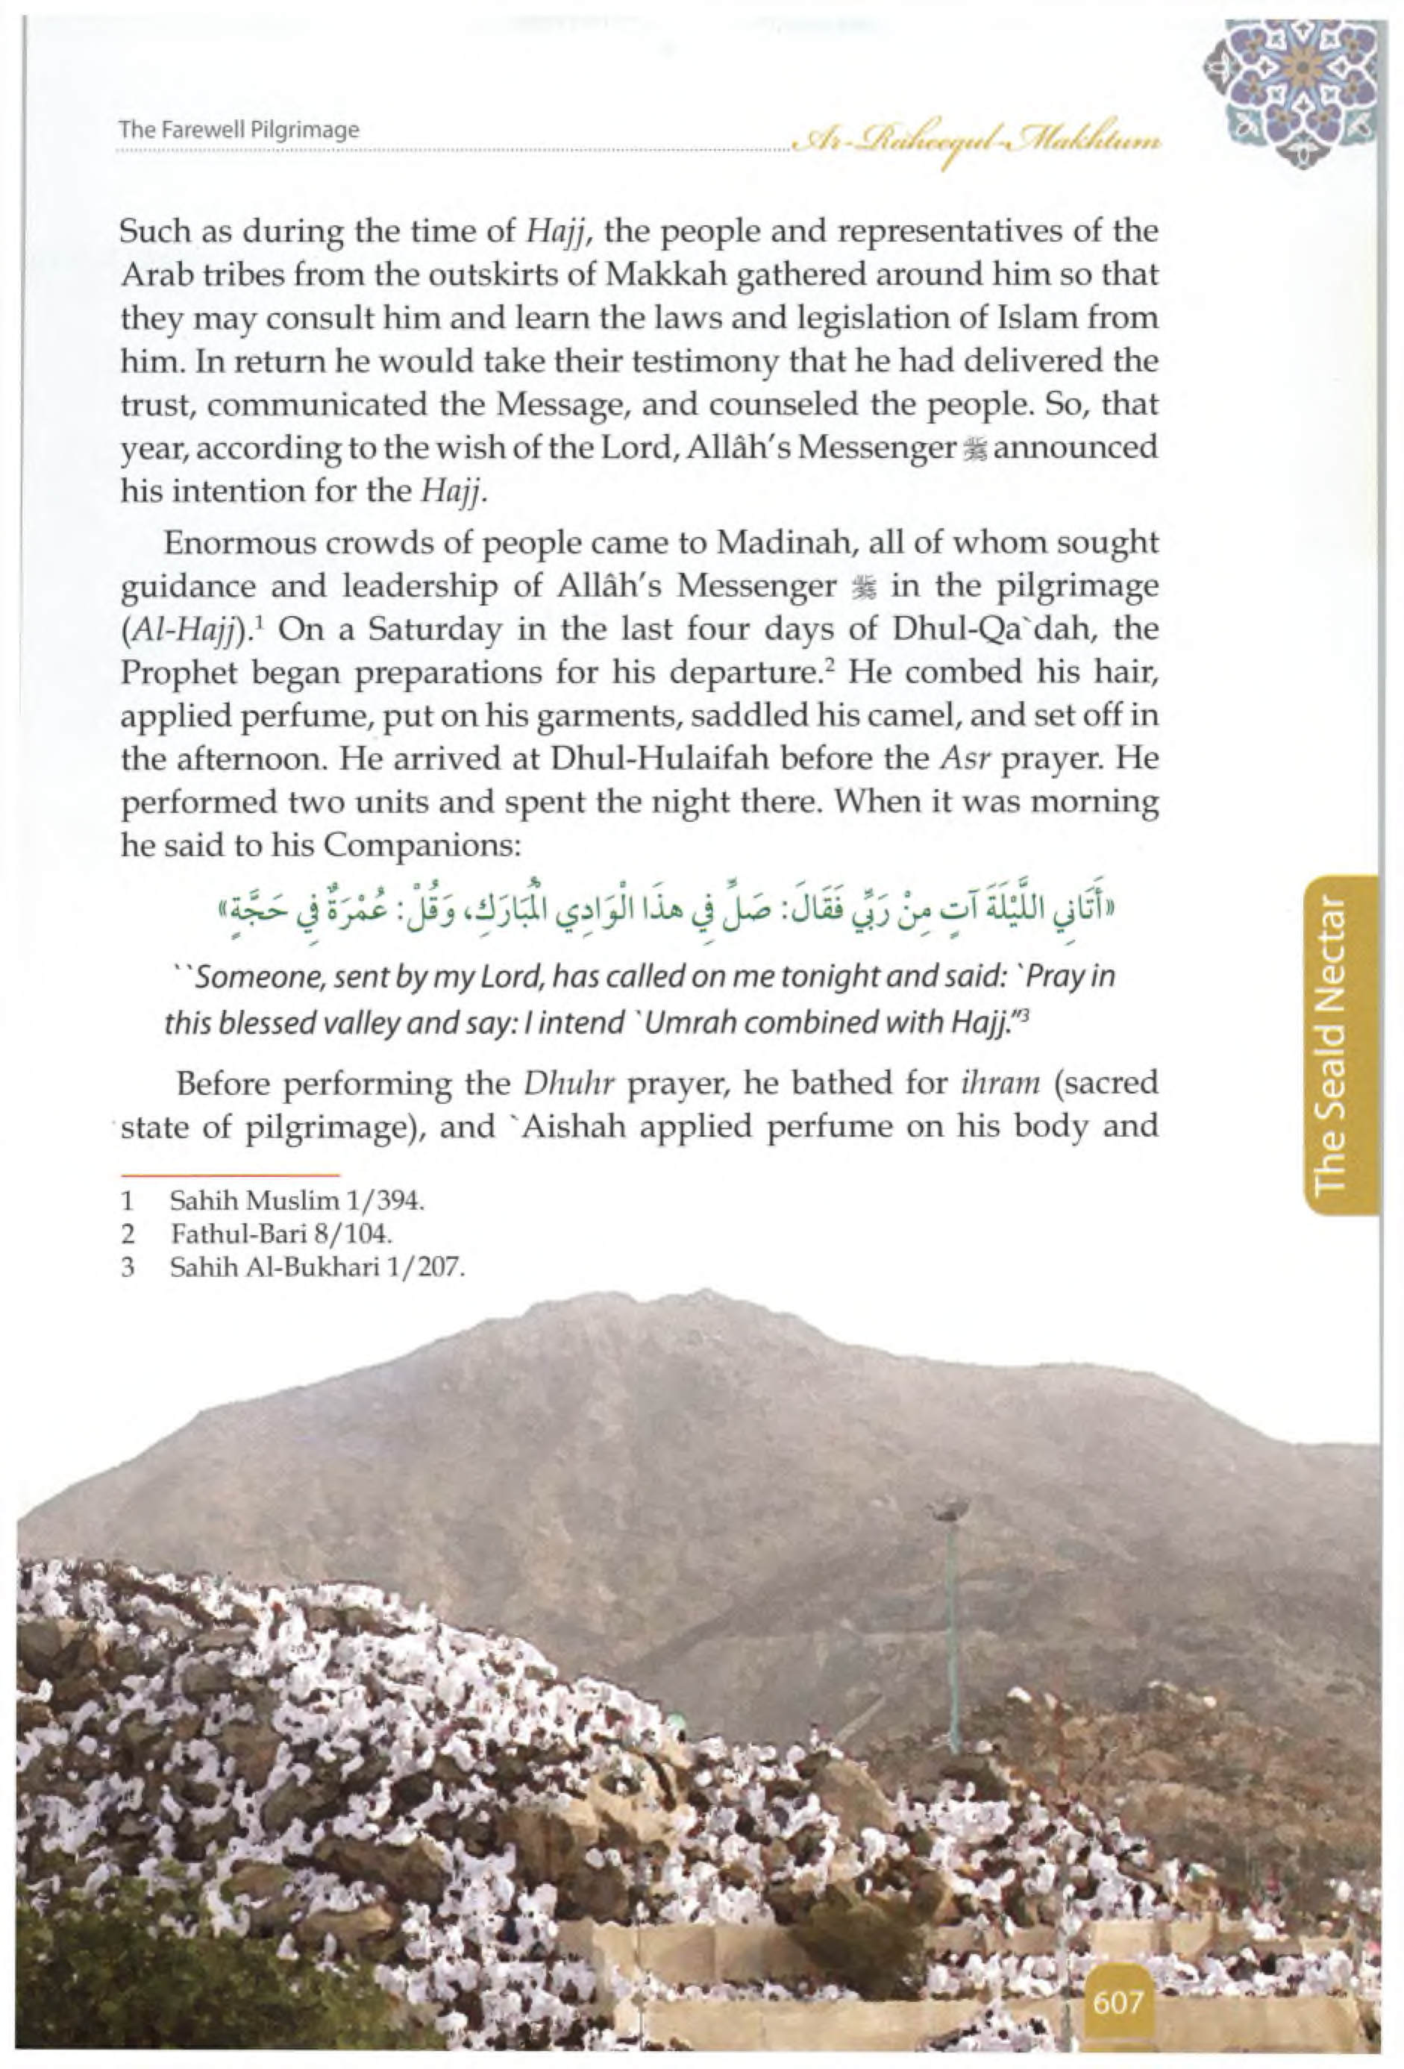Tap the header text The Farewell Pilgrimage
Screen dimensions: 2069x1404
pyautogui.click(x=239, y=129)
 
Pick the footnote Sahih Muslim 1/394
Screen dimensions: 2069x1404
pyautogui.click(x=296, y=1201)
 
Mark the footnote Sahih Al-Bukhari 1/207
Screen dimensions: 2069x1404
pyautogui.click(x=317, y=1267)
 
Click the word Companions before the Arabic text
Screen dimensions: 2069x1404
pyautogui.click(x=420, y=846)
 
